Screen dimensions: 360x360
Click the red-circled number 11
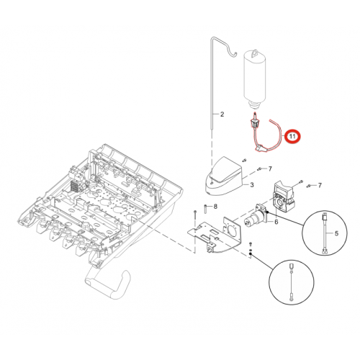(x=292, y=137)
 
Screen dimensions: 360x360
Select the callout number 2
(x=222, y=114)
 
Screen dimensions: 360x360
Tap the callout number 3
(x=252, y=185)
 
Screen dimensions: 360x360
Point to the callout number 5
(x=336, y=233)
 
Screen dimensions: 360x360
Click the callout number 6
(x=276, y=222)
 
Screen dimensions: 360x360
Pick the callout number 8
(x=215, y=207)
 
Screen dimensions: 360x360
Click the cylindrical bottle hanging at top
(x=255, y=78)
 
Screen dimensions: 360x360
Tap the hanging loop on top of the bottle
(x=255, y=53)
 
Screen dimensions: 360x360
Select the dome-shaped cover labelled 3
(x=225, y=176)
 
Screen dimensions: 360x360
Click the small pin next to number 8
(x=205, y=209)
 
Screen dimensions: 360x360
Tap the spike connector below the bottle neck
(x=255, y=121)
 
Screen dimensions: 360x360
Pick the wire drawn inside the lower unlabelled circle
(x=291, y=282)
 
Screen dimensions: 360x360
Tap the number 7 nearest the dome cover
(x=270, y=169)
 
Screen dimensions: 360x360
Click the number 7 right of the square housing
(x=320, y=185)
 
